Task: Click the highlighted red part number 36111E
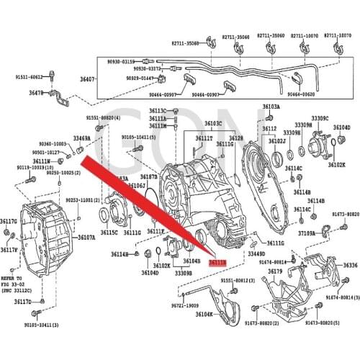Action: [217, 264]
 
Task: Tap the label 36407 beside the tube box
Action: [88, 79]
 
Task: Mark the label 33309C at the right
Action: [320, 118]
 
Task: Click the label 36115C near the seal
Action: [109, 232]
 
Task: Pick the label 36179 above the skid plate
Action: [276, 271]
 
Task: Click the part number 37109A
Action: [307, 233]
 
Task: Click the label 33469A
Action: [81, 138]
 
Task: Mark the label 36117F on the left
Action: [9, 250]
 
